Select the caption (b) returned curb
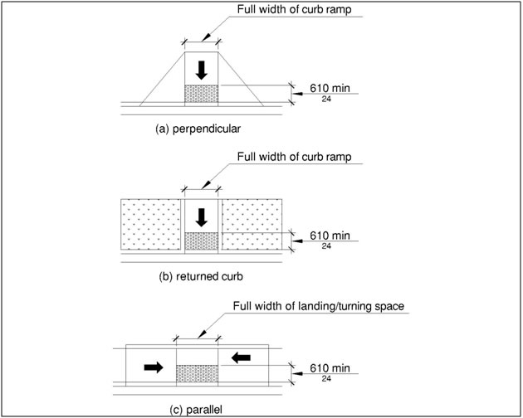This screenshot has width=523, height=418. click(197, 277)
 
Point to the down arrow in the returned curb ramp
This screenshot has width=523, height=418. click(201, 217)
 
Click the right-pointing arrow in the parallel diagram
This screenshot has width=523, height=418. click(154, 367)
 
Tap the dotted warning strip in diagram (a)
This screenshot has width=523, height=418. click(201, 95)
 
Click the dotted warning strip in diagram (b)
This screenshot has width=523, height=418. click(201, 241)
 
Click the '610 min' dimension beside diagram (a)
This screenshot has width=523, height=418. click(330, 86)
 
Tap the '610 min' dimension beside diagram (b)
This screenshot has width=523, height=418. click(330, 235)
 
